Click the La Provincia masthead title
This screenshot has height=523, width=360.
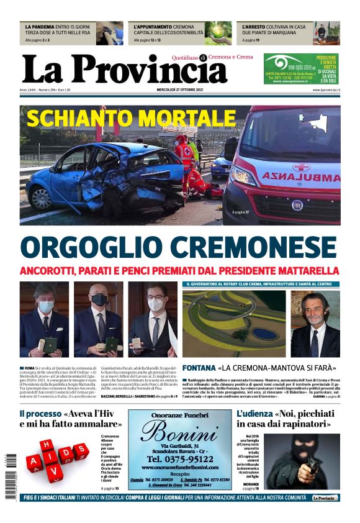124,70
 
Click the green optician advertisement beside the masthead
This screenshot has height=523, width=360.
301,69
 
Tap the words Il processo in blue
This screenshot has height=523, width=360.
40,414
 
